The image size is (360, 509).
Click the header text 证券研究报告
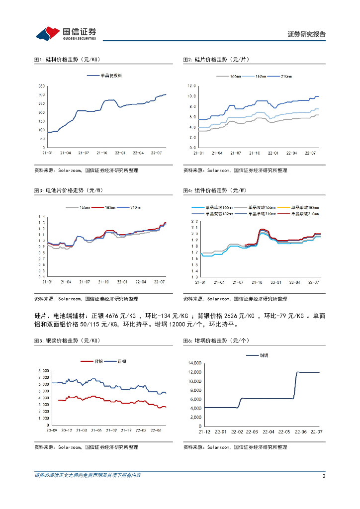coord(306,34)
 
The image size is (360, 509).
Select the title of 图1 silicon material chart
coord(67,60)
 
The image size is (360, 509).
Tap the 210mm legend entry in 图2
coord(286,76)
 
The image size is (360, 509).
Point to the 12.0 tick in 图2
coord(191,86)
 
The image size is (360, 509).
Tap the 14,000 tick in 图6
coord(194,363)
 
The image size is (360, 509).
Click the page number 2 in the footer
coord(324,476)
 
